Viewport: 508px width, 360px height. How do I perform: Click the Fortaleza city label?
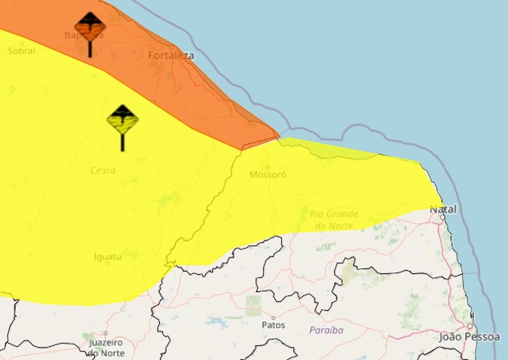pyautogui.click(x=171, y=55)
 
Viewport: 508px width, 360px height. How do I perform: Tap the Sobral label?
pyautogui.click(x=22, y=51)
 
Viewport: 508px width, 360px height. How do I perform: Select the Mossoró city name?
pyautogui.click(x=268, y=174)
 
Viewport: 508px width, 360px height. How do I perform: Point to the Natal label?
pyautogui.click(x=443, y=209)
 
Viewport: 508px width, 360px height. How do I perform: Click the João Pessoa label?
pyautogui.click(x=469, y=337)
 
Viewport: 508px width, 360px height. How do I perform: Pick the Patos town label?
pyautogui.click(x=274, y=325)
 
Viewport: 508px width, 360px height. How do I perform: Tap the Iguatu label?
pyautogui.click(x=108, y=256)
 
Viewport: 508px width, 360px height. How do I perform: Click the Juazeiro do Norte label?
pyautogui.click(x=106, y=348)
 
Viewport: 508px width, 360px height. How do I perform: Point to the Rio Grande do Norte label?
pyautogui.click(x=334, y=219)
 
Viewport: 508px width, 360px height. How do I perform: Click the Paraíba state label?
pyautogui.click(x=326, y=330)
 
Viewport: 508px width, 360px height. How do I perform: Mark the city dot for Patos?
pyautogui.click(x=274, y=318)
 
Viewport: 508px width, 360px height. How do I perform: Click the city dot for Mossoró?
pyautogui.click(x=267, y=167)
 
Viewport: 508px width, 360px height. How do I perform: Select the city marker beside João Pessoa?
pyautogui.click(x=469, y=326)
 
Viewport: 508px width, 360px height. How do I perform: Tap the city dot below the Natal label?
pyautogui.click(x=442, y=217)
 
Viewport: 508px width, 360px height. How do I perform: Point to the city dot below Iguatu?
pyautogui.click(x=107, y=263)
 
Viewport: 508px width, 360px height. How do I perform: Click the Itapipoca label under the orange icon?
pyautogui.click(x=84, y=36)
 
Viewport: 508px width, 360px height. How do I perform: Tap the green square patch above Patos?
pyautogui.click(x=253, y=305)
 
